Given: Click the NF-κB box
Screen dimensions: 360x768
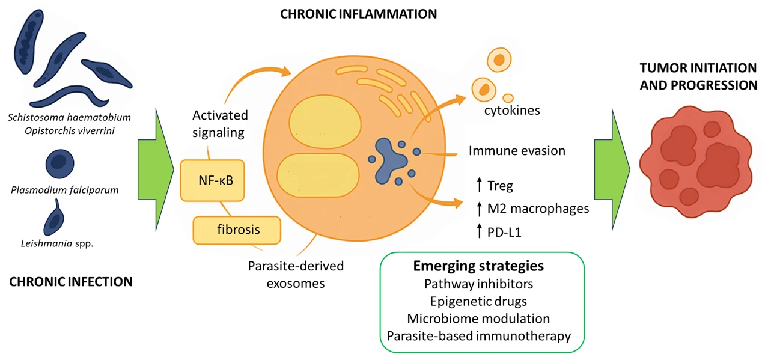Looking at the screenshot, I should point(212,180).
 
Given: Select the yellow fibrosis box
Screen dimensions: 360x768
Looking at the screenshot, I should point(237,230).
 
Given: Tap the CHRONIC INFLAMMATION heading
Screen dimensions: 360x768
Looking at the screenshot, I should point(358,13).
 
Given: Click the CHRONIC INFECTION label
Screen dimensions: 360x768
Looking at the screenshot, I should point(71,281).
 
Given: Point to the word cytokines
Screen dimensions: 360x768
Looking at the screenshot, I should point(512,111).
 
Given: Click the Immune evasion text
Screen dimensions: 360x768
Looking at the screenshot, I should point(517,151).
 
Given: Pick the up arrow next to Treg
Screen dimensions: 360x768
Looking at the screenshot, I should point(479,186).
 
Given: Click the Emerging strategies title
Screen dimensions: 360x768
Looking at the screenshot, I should point(478,266).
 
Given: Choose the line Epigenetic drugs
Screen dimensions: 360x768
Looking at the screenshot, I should point(478,301).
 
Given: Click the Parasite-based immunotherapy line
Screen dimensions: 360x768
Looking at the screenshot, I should point(478,335).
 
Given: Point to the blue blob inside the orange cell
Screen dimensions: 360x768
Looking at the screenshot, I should point(391,159).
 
